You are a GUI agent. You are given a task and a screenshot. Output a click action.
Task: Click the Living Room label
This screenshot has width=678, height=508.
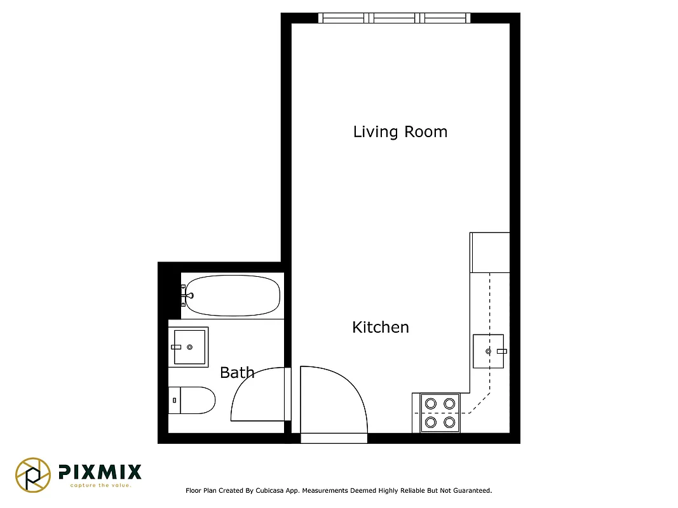(400, 132)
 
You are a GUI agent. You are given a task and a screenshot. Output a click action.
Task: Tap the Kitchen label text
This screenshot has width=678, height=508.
(381, 328)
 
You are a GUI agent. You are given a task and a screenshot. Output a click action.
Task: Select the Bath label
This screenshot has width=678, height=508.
(237, 373)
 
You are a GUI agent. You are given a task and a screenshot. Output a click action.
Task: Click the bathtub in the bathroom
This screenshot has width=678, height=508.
(233, 295)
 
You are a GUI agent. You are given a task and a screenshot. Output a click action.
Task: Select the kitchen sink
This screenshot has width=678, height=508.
(488, 351)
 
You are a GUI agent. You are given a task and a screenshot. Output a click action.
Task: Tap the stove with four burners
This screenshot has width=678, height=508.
(440, 413)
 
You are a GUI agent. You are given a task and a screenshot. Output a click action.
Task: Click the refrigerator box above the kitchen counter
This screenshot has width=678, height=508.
(490, 253)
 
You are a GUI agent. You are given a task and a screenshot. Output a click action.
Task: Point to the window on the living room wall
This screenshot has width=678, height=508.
(395, 18)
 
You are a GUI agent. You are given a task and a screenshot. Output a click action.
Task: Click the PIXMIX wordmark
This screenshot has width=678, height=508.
(100, 472)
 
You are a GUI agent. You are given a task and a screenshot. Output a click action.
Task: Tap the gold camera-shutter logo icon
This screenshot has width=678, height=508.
(33, 474)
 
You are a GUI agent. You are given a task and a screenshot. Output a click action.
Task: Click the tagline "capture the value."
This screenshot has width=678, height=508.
(100, 486)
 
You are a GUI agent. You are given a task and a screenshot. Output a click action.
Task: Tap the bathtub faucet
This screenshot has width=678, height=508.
(186, 295)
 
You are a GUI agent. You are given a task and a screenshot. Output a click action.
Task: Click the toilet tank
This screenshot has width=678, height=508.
(175, 400)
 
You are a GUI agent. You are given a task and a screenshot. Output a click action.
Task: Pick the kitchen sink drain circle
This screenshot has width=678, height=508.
(488, 351)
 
